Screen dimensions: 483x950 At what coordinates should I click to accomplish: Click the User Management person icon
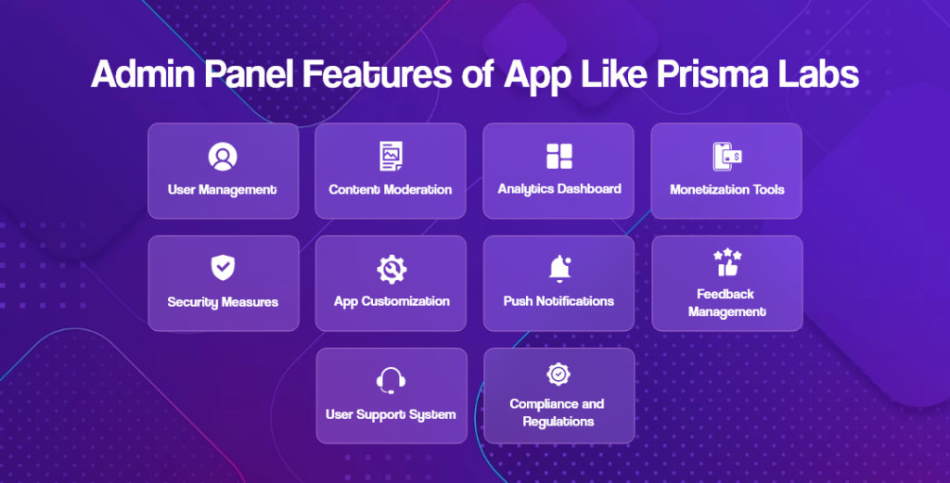click(x=223, y=157)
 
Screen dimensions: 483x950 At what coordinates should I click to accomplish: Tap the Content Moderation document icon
click(x=391, y=157)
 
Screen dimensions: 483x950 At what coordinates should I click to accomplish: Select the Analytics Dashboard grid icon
click(x=558, y=156)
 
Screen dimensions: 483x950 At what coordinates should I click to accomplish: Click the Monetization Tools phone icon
click(x=726, y=157)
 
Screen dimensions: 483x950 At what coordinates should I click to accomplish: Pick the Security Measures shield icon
click(x=223, y=269)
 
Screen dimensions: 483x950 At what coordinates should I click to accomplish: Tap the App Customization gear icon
click(x=391, y=269)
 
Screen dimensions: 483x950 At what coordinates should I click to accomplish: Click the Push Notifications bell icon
click(x=558, y=269)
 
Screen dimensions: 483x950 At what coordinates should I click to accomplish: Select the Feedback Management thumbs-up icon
click(x=725, y=263)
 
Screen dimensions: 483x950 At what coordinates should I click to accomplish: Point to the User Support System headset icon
click(x=391, y=381)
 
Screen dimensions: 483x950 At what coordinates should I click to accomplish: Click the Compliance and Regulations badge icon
click(x=558, y=374)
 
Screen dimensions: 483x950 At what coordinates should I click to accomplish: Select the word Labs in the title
click(x=822, y=75)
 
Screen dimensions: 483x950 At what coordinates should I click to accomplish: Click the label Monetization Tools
click(x=726, y=189)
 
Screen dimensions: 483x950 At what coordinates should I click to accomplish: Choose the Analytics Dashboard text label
click(x=558, y=188)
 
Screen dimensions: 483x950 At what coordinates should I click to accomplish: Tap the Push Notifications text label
click(x=558, y=301)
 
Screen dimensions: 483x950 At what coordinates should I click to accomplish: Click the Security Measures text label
click(x=223, y=301)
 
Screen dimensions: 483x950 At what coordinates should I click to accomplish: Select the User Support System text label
click(x=391, y=413)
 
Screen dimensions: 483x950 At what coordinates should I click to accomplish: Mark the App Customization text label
click(x=391, y=301)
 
